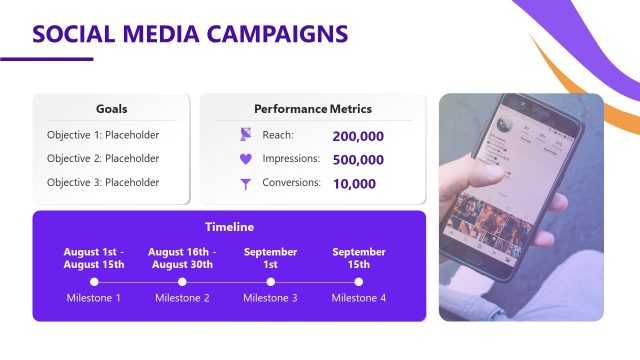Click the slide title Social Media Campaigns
[190, 34]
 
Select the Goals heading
[111, 108]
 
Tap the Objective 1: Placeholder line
[103, 135]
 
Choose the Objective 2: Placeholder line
[103, 159]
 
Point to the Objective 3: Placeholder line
[103, 183]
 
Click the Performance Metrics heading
[312, 108]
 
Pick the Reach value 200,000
[357, 136]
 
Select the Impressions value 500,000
[357, 160]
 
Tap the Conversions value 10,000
[354, 184]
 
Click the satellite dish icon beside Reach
[246, 135]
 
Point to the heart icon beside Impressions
[246, 159]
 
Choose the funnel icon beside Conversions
[246, 184]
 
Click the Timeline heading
[229, 227]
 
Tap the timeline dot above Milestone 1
[94, 282]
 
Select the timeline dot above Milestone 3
[270, 282]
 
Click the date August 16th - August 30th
[180, 258]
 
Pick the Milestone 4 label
[359, 298]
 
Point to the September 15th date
[359, 258]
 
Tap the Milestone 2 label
[182, 298]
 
